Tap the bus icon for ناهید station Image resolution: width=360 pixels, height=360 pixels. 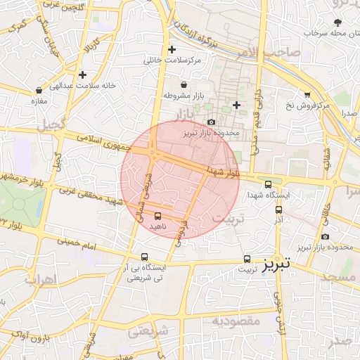click(x=157, y=215)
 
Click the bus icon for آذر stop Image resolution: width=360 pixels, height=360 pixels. click(x=278, y=209)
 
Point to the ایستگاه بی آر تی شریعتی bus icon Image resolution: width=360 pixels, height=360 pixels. click(x=144, y=257)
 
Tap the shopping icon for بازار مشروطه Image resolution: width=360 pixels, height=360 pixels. click(x=183, y=84)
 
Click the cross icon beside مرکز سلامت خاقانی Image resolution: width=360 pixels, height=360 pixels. click(x=172, y=49)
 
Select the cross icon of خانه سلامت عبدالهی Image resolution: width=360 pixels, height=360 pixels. click(x=83, y=74)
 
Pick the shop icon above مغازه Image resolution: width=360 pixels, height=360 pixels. click(x=39, y=90)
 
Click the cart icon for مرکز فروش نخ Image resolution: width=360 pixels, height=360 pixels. click(x=307, y=94)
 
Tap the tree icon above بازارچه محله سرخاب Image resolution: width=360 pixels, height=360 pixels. click(x=338, y=22)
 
